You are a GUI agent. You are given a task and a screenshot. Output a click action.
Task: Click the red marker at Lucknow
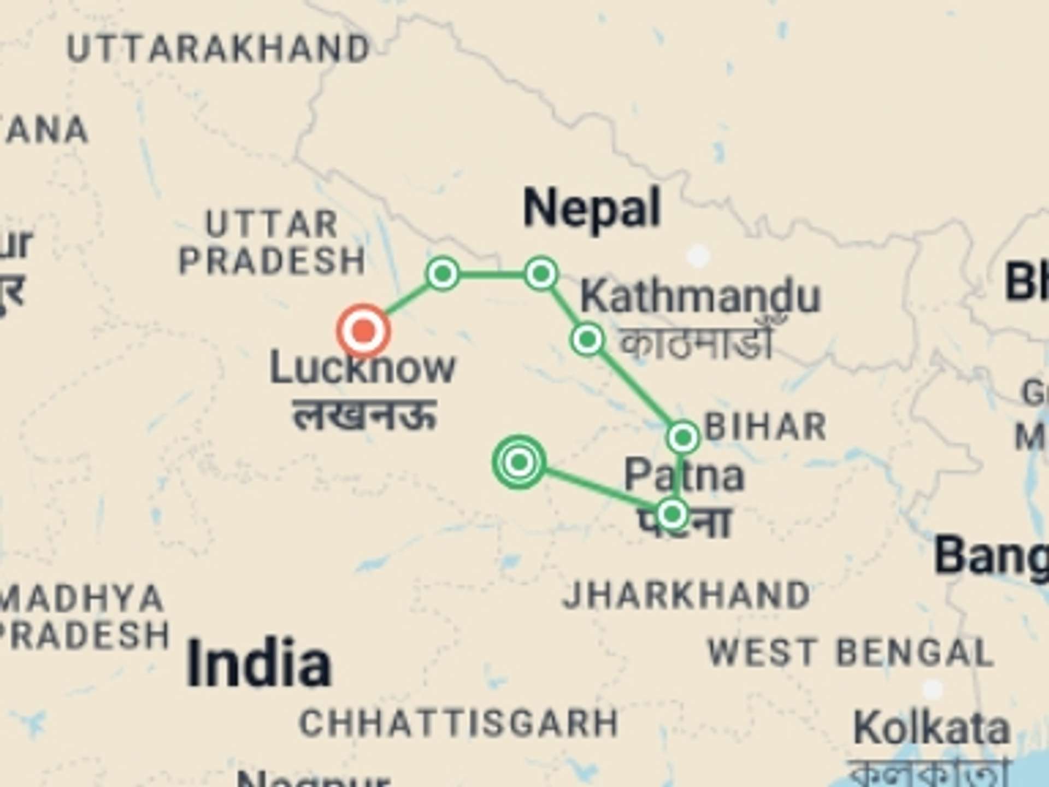[364, 331]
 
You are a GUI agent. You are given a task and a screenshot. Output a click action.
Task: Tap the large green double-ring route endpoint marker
[519, 462]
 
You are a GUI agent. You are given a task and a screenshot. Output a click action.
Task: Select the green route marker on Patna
[672, 514]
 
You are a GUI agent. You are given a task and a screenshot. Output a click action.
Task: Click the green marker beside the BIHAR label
[683, 437]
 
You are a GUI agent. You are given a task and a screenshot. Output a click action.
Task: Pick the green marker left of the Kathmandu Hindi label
[587, 339]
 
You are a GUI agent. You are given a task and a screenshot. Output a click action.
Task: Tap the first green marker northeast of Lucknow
[443, 273]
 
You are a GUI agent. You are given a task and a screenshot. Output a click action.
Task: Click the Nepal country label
[592, 208]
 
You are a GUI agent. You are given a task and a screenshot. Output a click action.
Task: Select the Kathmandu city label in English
[700, 296]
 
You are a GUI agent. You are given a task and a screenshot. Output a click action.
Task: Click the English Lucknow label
[363, 368]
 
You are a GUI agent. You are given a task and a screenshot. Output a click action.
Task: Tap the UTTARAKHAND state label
[219, 49]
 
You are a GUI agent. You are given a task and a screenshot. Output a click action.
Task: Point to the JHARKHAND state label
[686, 595]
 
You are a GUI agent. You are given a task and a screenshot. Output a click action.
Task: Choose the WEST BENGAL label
[850, 653]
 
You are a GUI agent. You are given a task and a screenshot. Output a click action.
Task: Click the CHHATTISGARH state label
[459, 723]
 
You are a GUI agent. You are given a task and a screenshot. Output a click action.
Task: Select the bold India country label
[259, 663]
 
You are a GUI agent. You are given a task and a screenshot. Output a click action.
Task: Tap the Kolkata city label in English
[932, 728]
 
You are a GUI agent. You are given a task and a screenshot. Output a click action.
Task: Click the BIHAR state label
[766, 426]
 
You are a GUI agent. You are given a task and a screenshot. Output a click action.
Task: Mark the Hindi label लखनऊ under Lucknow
[365, 415]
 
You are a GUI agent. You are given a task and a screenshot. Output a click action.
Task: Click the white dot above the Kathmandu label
[698, 255]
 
